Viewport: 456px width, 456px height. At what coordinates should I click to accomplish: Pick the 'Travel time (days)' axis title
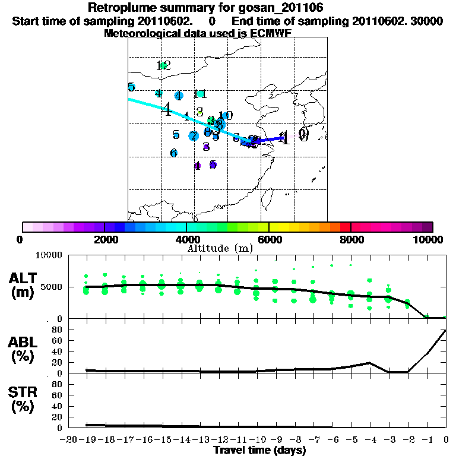259,450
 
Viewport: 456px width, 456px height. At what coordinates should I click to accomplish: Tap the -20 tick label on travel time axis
69,440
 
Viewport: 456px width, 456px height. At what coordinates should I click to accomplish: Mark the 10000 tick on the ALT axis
50,256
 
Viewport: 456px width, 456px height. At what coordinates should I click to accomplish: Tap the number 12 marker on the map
164,65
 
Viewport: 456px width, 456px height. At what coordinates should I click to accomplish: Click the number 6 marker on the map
173,153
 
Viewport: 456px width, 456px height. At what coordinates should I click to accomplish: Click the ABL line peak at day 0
446,330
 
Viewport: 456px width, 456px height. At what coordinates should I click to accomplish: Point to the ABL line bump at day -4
370,362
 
